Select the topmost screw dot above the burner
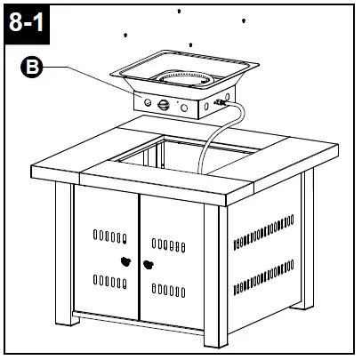click(180, 11)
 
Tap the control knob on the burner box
click(162, 105)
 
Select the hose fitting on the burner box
click(220, 106)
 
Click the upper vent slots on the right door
click(168, 241)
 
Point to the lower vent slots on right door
click(168, 287)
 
